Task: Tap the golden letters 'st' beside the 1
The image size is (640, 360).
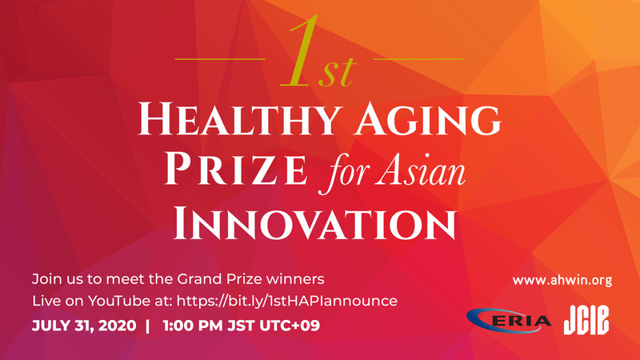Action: (337, 73)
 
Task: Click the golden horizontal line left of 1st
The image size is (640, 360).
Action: (220, 59)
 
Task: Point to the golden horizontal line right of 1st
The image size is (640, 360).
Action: (418, 59)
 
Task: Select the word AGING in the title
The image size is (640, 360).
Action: (427, 118)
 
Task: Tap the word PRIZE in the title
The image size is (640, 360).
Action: (235, 169)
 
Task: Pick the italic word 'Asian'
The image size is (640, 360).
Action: (421, 170)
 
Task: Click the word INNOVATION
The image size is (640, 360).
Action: (314, 224)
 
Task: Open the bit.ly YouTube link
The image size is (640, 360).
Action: (287, 301)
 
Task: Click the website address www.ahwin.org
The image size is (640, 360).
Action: (562, 281)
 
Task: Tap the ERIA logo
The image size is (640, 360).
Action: (509, 321)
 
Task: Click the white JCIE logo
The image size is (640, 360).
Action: (586, 320)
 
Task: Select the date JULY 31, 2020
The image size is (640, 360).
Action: (84, 326)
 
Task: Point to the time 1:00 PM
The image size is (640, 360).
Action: (193, 326)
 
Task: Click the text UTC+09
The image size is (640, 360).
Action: (290, 326)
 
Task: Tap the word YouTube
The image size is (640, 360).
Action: (119, 301)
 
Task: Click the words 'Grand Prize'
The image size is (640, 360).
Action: (219, 279)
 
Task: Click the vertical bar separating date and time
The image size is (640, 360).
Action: (148, 326)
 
